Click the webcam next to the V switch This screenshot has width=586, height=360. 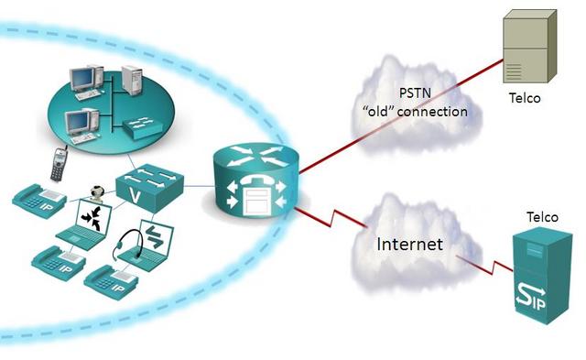(94, 194)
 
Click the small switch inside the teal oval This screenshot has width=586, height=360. (146, 126)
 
